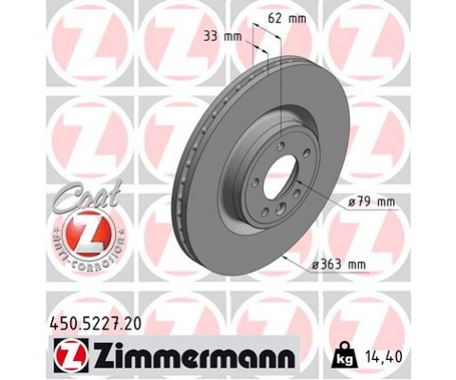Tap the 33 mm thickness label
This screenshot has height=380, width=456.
pos(224,37)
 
